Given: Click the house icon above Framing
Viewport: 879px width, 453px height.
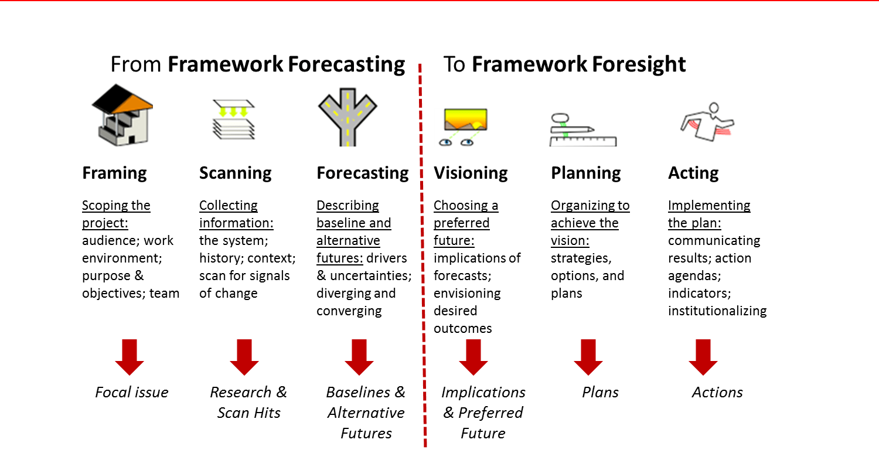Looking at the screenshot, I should (x=121, y=114).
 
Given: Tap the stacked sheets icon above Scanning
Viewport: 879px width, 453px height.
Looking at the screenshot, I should (x=233, y=122).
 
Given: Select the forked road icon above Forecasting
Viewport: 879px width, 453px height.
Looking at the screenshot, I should (x=346, y=114).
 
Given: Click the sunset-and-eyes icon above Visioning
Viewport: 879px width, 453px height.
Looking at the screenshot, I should (x=462, y=127).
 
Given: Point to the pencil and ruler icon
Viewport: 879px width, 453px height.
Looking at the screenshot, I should (x=582, y=127).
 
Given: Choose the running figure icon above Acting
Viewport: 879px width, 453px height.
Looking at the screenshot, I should (x=708, y=122).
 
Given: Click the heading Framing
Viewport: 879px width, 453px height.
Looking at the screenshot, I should (x=114, y=173).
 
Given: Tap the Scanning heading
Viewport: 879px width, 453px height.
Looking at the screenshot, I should (x=235, y=173).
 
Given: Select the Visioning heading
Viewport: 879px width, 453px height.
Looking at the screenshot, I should (x=471, y=173).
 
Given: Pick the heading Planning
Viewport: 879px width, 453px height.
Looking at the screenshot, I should (x=585, y=173).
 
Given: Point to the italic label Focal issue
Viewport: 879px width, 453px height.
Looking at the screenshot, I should (x=131, y=392).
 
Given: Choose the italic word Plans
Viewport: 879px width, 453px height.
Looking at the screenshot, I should (x=600, y=392).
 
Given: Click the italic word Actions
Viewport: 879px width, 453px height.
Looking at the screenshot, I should (x=717, y=392).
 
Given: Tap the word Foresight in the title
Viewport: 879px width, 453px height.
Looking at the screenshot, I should (x=637, y=64).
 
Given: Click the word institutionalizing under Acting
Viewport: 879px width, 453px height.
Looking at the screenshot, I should (x=717, y=311).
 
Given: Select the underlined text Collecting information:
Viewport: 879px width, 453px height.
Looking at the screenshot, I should (x=236, y=214).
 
